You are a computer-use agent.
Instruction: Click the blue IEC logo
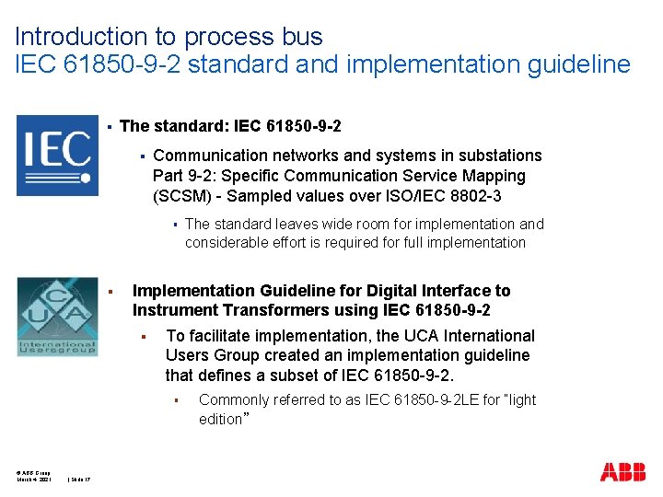(x=57, y=156)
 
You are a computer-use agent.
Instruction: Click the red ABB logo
(x=622, y=472)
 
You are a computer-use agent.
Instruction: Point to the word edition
(x=219, y=420)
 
